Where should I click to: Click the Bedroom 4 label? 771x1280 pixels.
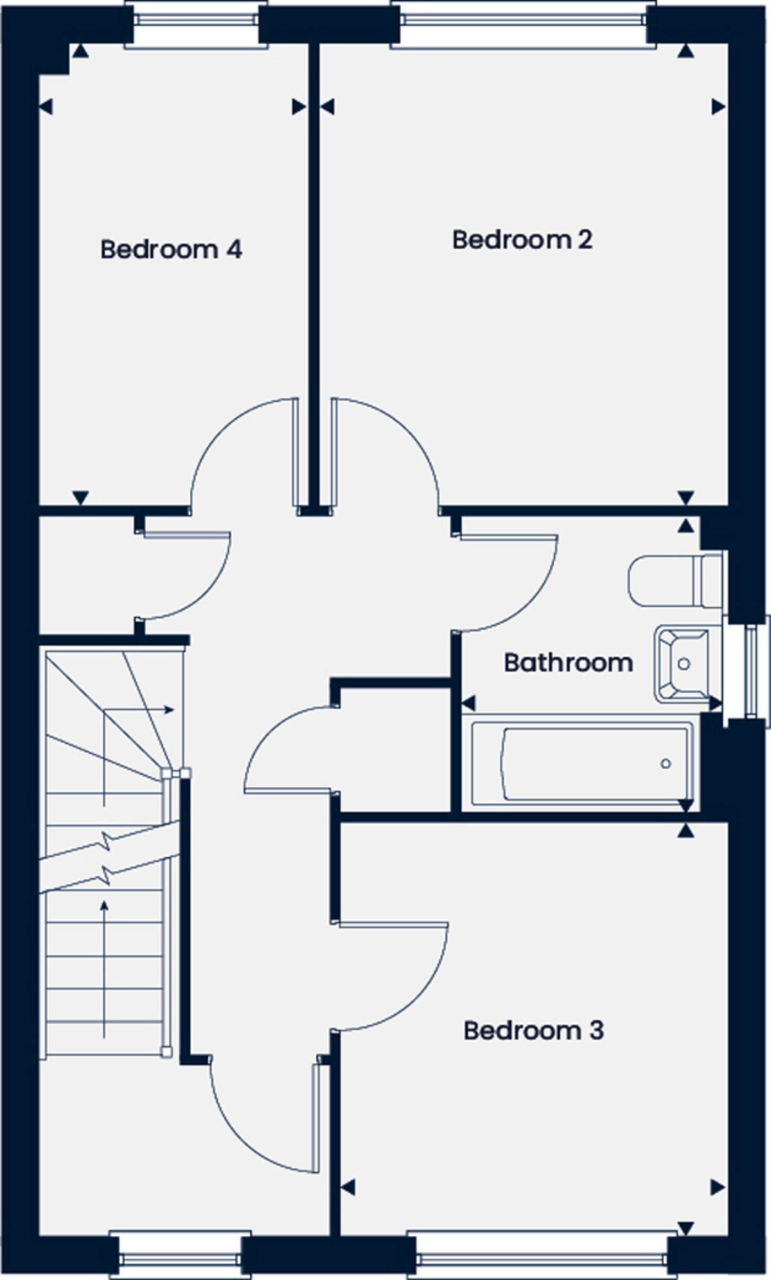click(171, 249)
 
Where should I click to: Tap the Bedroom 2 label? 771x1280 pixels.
click(522, 240)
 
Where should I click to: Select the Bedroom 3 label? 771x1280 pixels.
click(533, 1031)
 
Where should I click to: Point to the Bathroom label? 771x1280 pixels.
click(568, 662)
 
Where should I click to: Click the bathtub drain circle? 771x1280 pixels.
click(666, 763)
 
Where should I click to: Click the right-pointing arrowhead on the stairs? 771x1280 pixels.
click(169, 710)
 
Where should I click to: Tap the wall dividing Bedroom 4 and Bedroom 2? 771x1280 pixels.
click(314, 276)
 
